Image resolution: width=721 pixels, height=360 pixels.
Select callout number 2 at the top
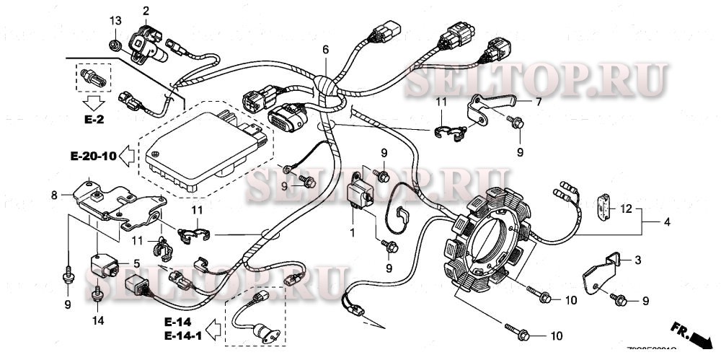click(x=146, y=11)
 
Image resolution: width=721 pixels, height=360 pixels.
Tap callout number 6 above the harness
click(x=325, y=50)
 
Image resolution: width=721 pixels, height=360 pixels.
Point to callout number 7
click(x=537, y=102)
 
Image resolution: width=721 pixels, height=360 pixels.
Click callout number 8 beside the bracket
click(x=53, y=194)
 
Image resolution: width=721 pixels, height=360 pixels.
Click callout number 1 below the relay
click(x=353, y=233)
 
